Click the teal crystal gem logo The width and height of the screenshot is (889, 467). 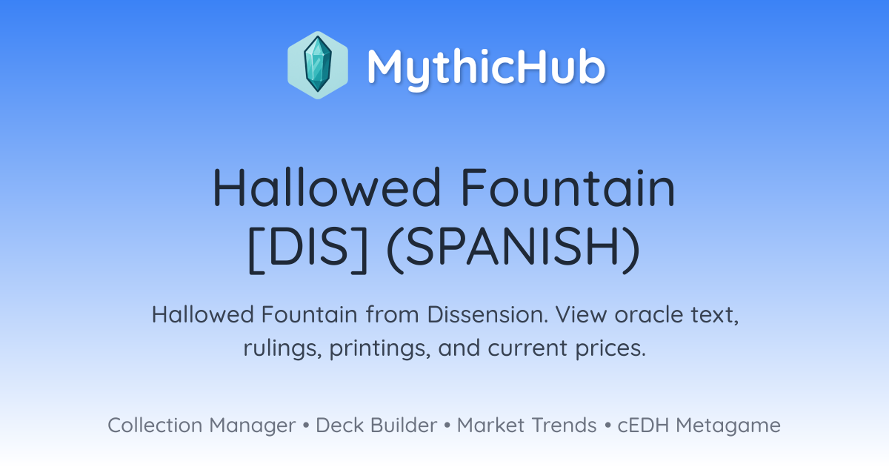[318, 64]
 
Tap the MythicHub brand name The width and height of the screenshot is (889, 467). [486, 67]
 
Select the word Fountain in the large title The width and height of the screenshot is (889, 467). [568, 187]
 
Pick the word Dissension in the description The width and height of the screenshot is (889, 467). [487, 314]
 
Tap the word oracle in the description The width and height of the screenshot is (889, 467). [649, 314]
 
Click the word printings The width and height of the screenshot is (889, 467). [380, 348]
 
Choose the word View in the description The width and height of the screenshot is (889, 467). [581, 314]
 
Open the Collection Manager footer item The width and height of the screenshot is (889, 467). [202, 425]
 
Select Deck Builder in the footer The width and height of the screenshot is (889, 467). [376, 425]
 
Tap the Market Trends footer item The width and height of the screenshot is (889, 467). [527, 425]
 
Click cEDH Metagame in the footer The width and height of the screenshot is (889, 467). [699, 425]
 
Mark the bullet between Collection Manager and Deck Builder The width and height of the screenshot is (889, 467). [305, 425]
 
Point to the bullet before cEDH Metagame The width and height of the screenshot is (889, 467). [607, 425]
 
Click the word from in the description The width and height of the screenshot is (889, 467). [392, 314]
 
